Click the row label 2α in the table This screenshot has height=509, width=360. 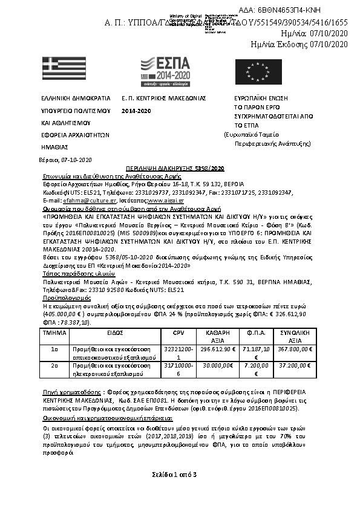click(x=54, y=366)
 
